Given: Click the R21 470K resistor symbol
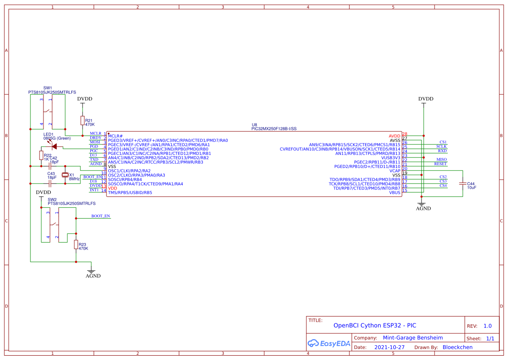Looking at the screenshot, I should point(82,120).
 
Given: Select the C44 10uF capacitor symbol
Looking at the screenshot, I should point(463,185).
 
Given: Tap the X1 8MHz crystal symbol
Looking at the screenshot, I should point(65,175).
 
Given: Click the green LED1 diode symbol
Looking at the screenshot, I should point(54,146).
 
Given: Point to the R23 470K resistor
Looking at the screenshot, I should point(76,245).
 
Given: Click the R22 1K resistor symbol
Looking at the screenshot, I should point(41,155).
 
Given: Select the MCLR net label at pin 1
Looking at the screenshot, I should point(95,133).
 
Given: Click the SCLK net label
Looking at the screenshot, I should point(442,147).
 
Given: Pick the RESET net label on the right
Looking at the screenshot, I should point(440,164).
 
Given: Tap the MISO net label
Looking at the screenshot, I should point(441,160).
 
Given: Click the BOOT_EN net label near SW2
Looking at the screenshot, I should point(100,216).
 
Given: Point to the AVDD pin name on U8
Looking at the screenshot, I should point(394,136).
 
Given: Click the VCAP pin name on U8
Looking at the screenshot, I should point(395,170).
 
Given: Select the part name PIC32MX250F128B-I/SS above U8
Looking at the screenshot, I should point(274,129).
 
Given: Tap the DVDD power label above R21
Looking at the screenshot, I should point(85,99).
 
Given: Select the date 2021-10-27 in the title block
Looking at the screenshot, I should point(389,347).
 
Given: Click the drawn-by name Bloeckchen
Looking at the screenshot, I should point(457,347).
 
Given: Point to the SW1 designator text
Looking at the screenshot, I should point(48,88).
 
